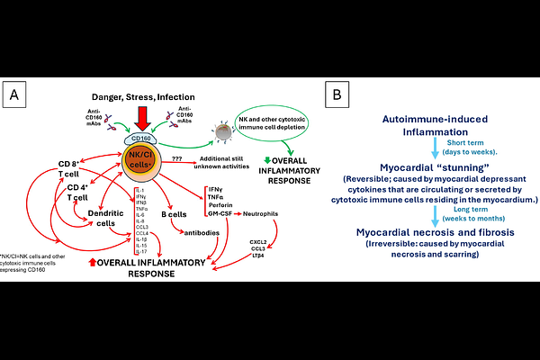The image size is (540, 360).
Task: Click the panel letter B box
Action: point(335,93)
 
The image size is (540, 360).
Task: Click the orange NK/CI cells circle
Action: point(141,161)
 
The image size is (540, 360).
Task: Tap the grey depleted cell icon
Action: point(215,132)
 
